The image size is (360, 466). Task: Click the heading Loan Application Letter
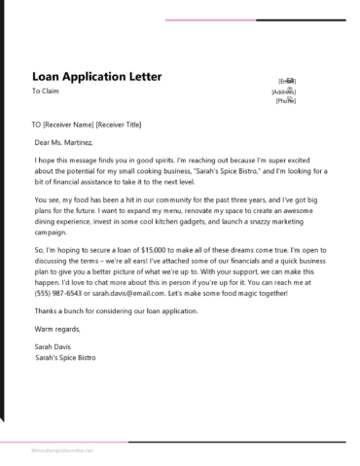point(96,76)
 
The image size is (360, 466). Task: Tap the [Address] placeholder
point(284,91)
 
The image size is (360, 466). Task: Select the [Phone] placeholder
point(286,101)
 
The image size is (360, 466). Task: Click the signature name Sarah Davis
point(54,345)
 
